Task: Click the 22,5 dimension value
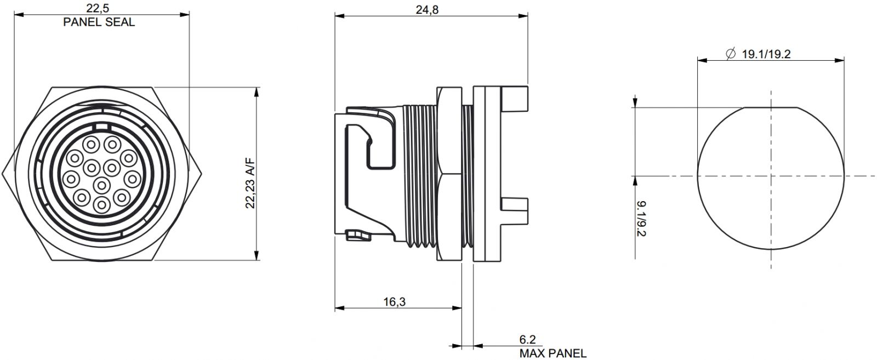point(98,7)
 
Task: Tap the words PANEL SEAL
point(99,22)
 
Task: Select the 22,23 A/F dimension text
point(250,184)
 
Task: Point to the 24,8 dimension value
point(427,9)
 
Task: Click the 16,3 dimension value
point(394,302)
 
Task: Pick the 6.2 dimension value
point(527,339)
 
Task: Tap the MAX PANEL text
point(553,353)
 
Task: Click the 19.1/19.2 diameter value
point(766,54)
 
